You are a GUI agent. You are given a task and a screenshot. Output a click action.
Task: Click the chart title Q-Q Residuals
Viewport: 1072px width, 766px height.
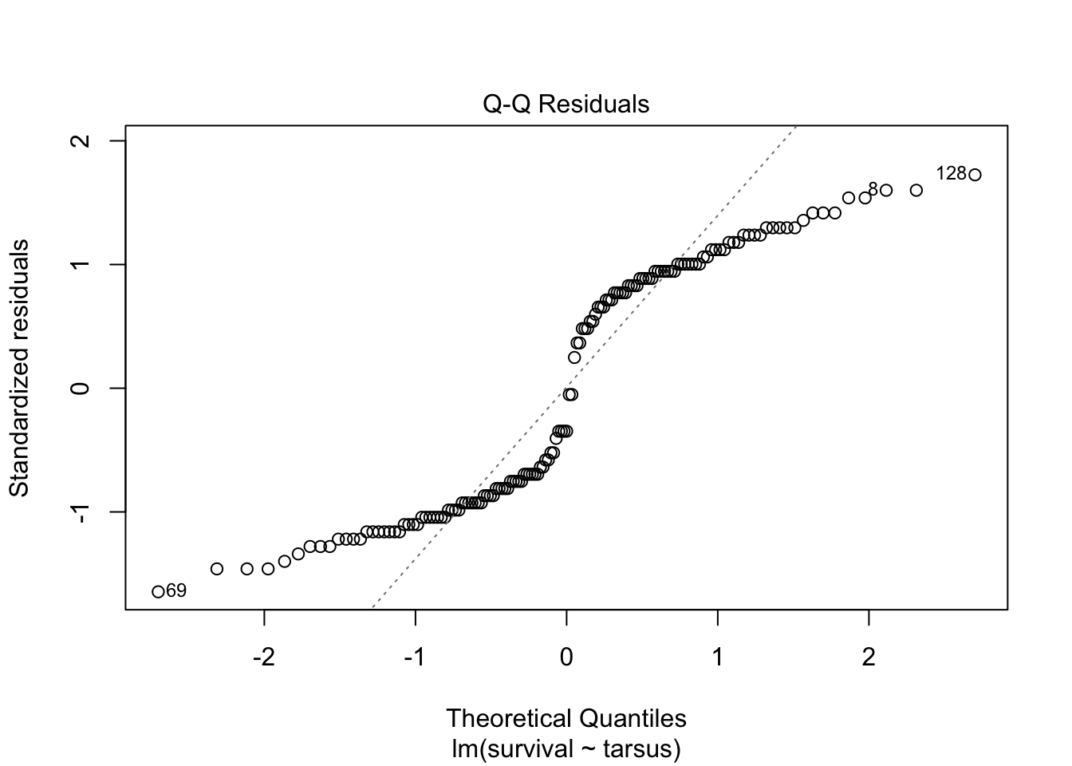point(566,105)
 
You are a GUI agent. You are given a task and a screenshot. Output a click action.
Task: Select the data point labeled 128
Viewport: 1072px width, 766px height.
point(975,175)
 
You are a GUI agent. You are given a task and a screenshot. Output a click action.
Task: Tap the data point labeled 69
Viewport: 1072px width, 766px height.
point(158,591)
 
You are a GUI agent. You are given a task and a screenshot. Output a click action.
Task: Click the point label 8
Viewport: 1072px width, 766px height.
point(873,189)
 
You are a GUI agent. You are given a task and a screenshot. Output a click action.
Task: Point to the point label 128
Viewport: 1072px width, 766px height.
point(951,173)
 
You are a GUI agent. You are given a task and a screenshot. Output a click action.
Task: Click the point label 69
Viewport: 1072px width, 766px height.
point(176,591)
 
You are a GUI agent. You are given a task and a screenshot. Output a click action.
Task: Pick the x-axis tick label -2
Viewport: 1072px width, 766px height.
point(263,657)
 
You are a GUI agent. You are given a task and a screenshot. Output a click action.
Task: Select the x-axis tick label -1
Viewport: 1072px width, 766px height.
point(415,657)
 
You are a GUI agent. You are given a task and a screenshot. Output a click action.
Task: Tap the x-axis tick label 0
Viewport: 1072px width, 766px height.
point(566,657)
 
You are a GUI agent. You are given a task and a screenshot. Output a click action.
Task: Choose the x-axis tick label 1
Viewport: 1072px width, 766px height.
point(718,657)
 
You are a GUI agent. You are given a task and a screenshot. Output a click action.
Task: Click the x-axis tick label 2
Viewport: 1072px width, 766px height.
point(869,657)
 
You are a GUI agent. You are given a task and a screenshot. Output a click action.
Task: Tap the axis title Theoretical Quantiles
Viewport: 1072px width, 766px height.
point(566,719)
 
